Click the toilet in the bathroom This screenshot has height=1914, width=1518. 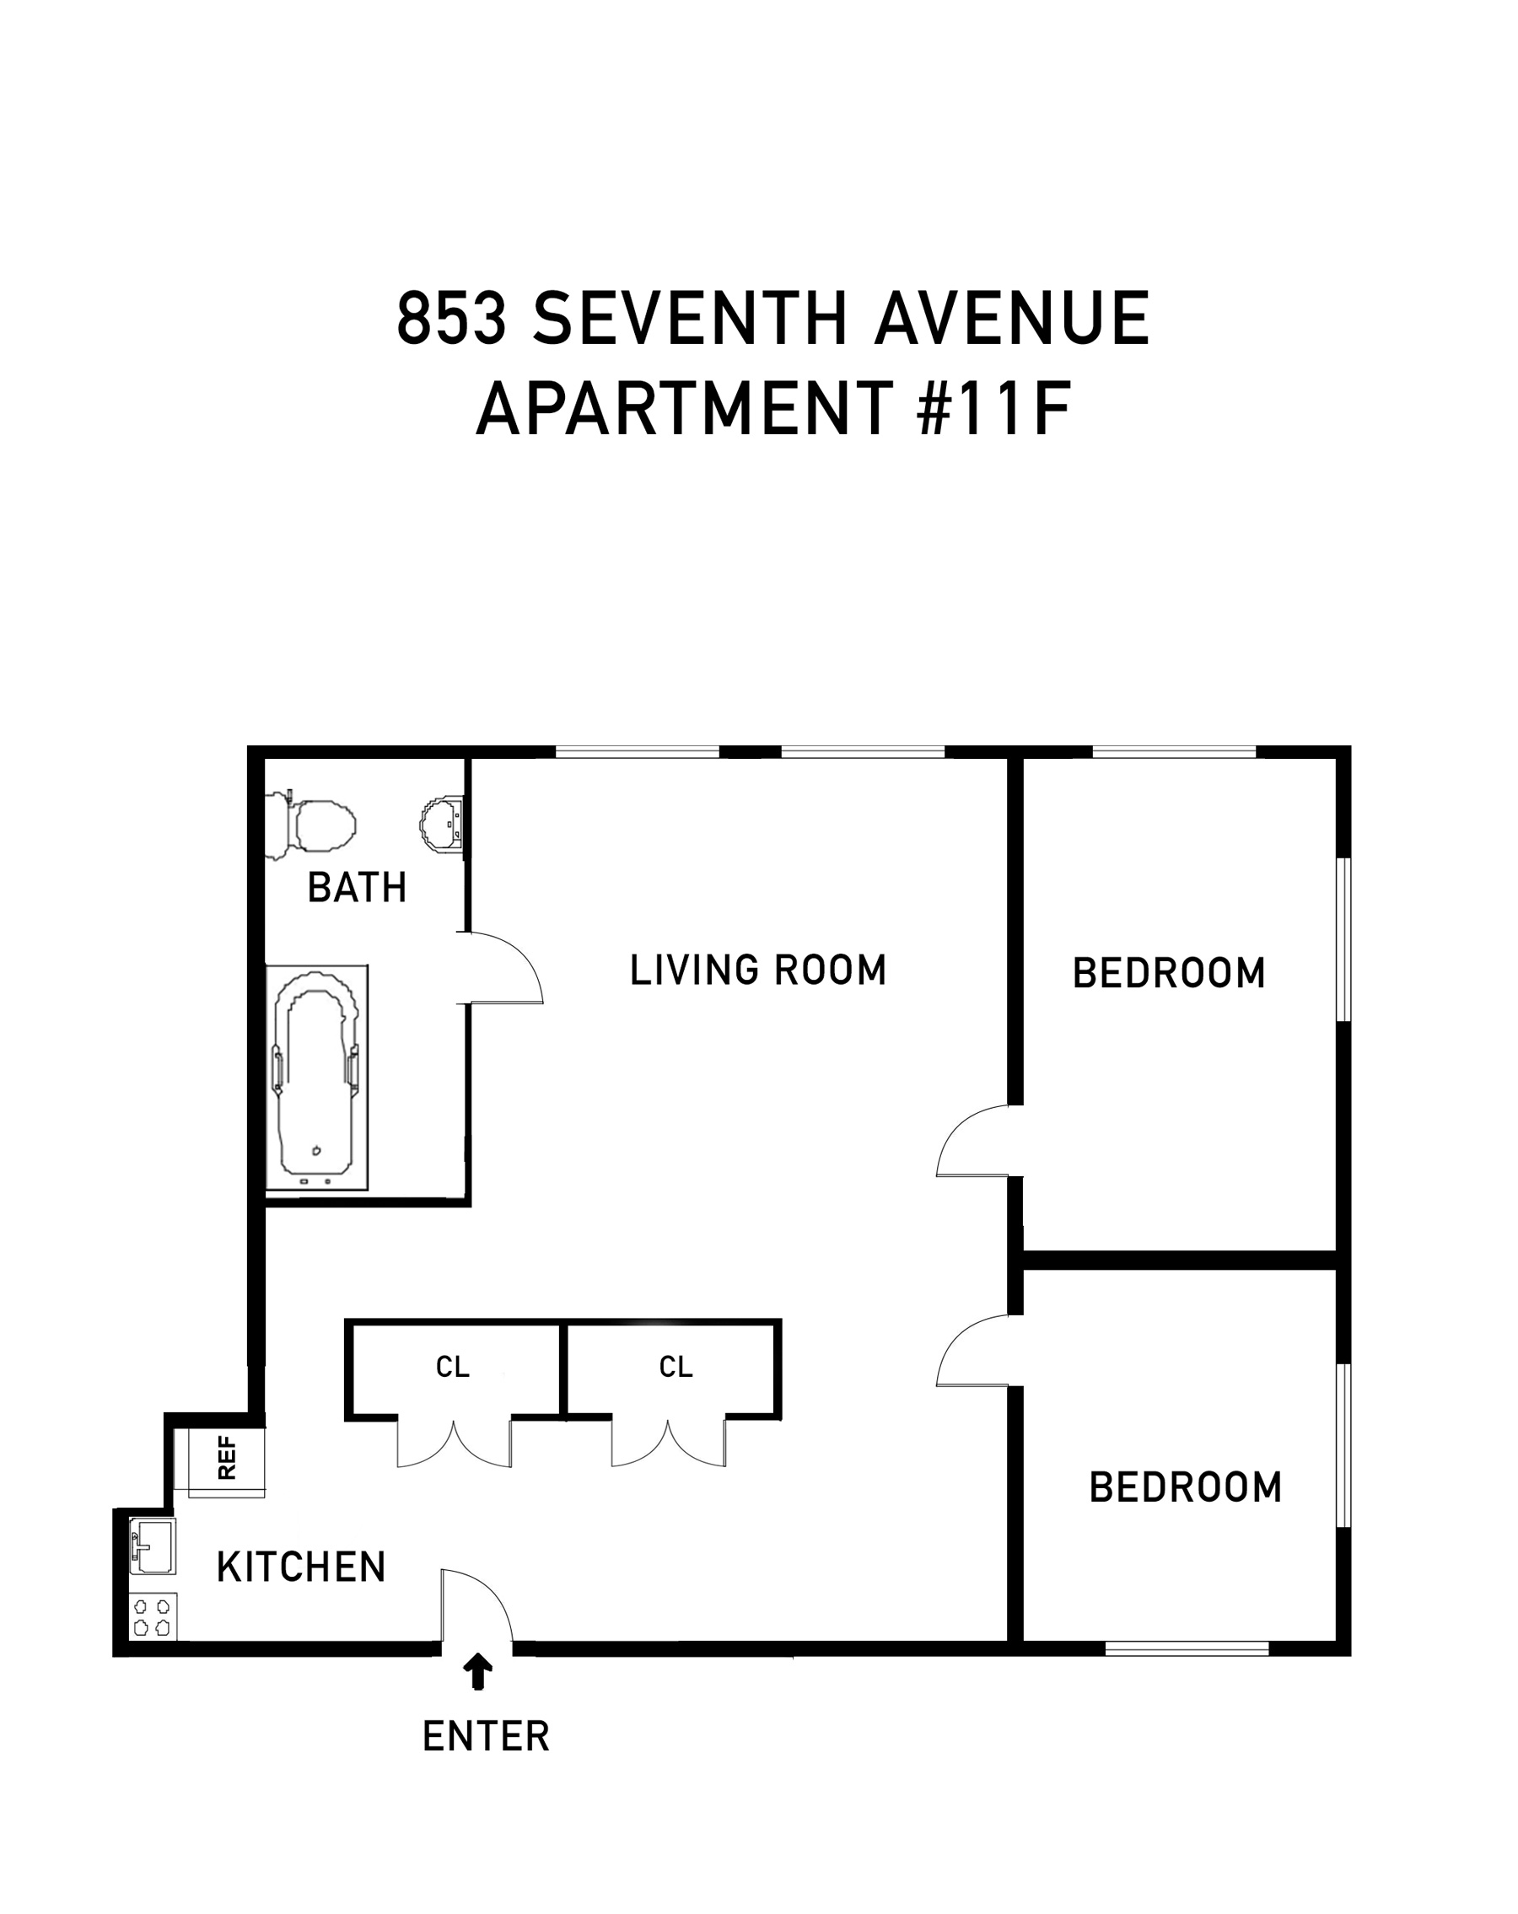310,824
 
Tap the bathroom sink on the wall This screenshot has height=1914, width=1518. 442,823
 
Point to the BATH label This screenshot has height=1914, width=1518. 357,887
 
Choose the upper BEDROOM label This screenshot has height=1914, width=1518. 1169,973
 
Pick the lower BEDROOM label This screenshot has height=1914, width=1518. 1185,1487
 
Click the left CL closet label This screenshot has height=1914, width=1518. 452,1367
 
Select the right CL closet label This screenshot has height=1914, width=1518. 676,1367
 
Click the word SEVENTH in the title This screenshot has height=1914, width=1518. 691,319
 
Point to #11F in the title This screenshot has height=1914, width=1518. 993,409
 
